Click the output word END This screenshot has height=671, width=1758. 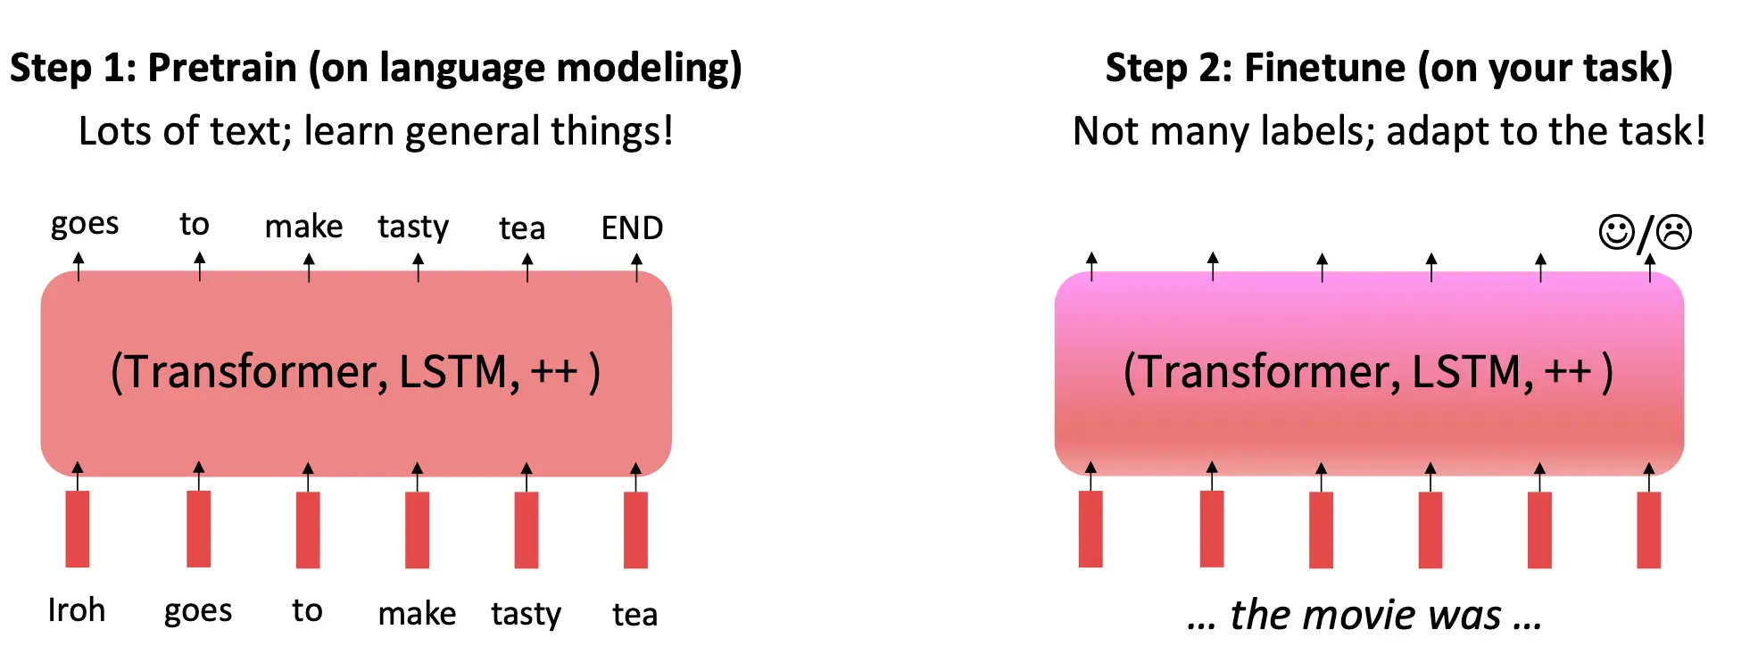(x=632, y=228)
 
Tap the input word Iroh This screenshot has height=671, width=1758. (x=77, y=610)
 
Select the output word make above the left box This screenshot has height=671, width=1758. (x=303, y=228)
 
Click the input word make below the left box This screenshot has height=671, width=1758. (x=417, y=614)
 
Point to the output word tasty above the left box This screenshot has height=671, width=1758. (x=413, y=228)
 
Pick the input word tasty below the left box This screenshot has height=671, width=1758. (x=526, y=614)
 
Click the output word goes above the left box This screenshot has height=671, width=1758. (x=85, y=224)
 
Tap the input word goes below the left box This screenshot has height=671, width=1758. (x=198, y=611)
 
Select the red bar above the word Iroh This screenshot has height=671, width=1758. (x=78, y=529)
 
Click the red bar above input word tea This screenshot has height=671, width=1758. (x=635, y=530)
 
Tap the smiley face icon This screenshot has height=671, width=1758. (x=1616, y=232)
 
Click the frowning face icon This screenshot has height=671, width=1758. (x=1674, y=232)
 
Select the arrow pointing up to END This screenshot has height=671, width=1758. (x=636, y=267)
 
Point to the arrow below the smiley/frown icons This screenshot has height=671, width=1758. (x=1649, y=267)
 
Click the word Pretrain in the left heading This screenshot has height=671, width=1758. (x=222, y=68)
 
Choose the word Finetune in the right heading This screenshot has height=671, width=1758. (x=1325, y=68)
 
